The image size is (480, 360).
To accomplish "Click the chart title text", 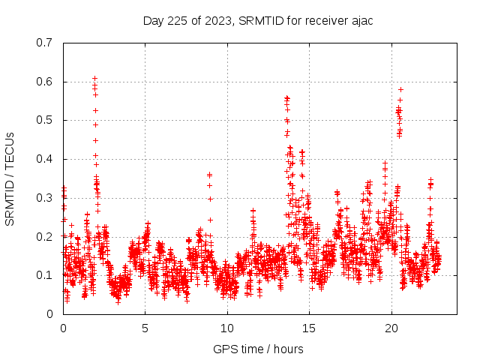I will point(258,20).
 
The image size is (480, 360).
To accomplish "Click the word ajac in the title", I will point(361,20).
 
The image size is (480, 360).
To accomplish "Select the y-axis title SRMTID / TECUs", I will point(10,178).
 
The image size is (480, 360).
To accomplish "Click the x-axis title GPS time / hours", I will point(258,349).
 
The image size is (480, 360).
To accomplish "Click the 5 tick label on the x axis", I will point(145,328).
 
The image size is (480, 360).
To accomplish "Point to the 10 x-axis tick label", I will point(227,328).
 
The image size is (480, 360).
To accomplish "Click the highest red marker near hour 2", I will point(95,78).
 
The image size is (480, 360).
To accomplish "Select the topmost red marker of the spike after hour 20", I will point(400,89).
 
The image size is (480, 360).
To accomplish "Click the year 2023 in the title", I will point(222,20).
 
